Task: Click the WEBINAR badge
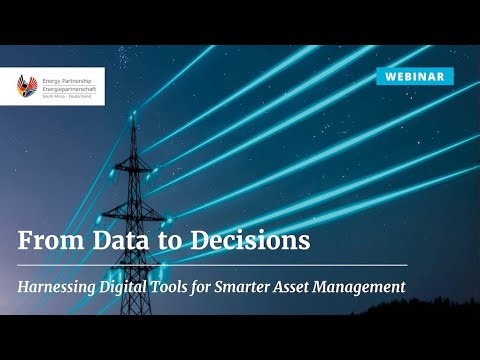(417, 76)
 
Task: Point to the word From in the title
(49, 241)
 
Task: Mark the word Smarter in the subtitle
(274, 287)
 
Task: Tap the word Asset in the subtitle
(326, 287)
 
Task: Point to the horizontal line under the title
(212, 265)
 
